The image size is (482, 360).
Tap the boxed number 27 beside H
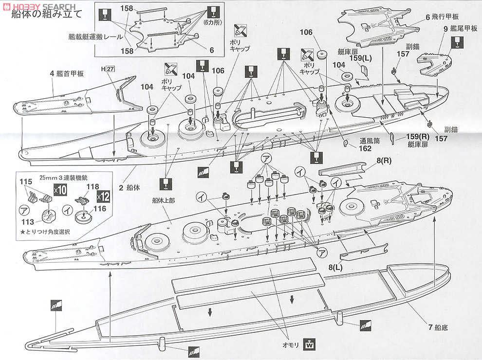(111, 69)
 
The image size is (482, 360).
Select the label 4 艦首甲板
(67, 74)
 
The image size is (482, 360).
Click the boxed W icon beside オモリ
(308, 344)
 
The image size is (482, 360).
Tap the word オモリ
(292, 344)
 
